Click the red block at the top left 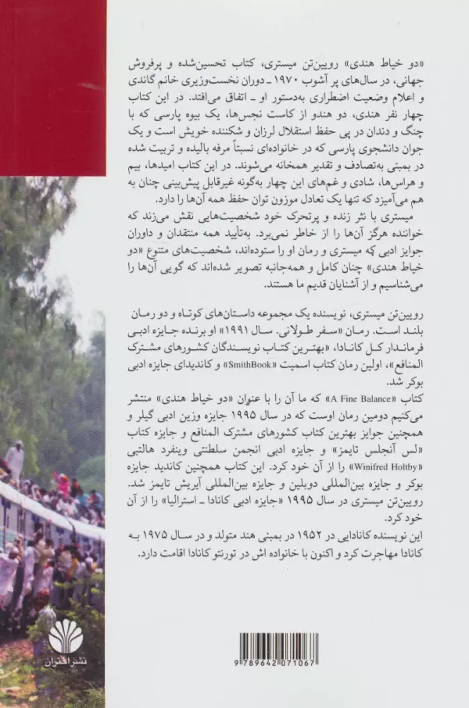click(52, 86)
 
